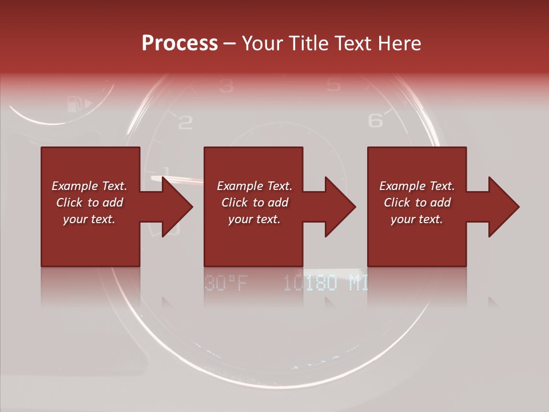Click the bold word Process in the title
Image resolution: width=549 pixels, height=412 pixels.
180,43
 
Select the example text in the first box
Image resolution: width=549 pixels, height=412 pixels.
89,203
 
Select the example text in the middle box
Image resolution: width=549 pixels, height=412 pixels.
254,203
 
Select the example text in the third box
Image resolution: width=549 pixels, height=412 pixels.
416,203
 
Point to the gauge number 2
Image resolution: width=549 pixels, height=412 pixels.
185,122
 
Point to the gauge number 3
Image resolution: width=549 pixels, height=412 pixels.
226,86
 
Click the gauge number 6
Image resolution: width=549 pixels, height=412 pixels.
375,120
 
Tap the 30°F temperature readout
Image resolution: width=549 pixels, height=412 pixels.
225,283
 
